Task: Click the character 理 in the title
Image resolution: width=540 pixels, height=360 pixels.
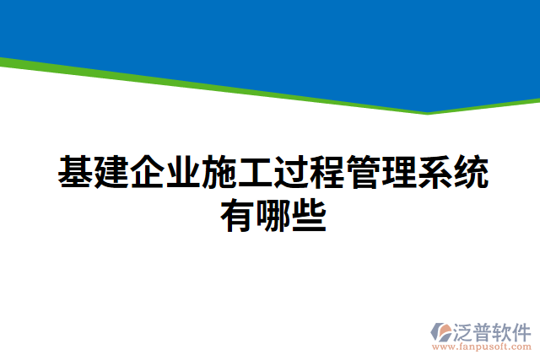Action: click(x=400, y=172)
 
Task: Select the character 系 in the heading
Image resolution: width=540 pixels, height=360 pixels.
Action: click(x=436, y=172)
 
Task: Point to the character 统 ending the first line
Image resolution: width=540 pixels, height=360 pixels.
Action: click(x=472, y=172)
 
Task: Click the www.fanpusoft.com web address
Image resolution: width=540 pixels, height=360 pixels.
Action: click(x=482, y=347)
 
